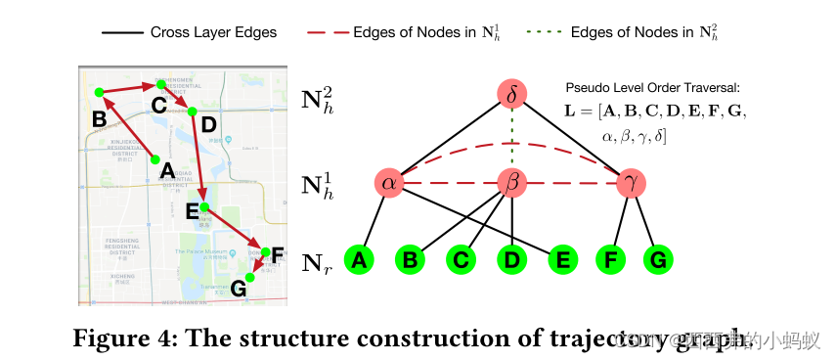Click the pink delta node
pyautogui.click(x=511, y=96)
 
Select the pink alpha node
pyautogui.click(x=389, y=182)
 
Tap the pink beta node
pyautogui.click(x=511, y=182)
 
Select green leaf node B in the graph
pyautogui.click(x=411, y=259)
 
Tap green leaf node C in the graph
pyautogui.click(x=462, y=259)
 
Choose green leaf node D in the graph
pyautogui.click(x=511, y=259)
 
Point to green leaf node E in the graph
pyautogui.click(x=562, y=259)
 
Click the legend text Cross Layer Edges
pyautogui.click(x=213, y=32)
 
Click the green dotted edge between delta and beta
pyautogui.click(x=511, y=139)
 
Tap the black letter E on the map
pyautogui.click(x=192, y=211)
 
